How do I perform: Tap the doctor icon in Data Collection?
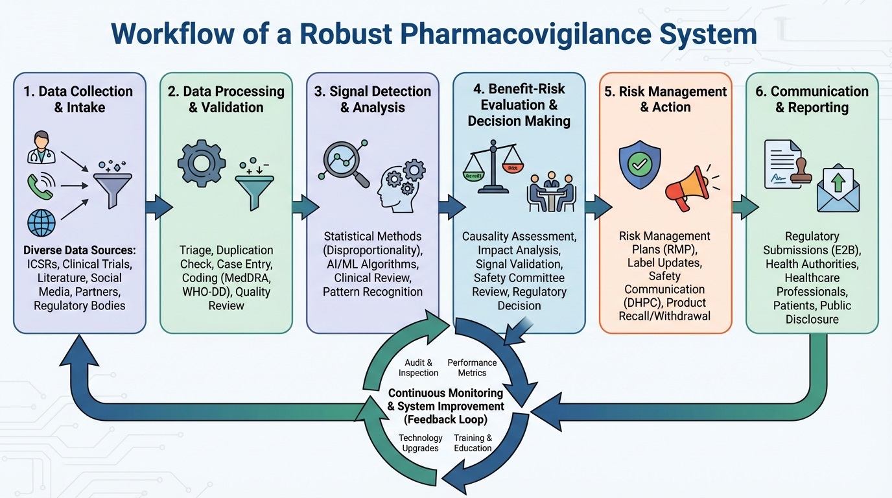(41, 147)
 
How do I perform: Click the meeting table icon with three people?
(552, 192)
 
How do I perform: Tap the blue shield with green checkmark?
(639, 165)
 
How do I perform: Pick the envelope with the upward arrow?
(838, 188)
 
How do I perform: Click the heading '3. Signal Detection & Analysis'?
(372, 99)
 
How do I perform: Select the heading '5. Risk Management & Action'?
(665, 99)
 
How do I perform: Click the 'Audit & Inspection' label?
(418, 368)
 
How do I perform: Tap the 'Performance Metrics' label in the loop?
(472, 368)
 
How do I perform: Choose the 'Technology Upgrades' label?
(420, 443)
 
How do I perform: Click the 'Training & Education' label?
(473, 443)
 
